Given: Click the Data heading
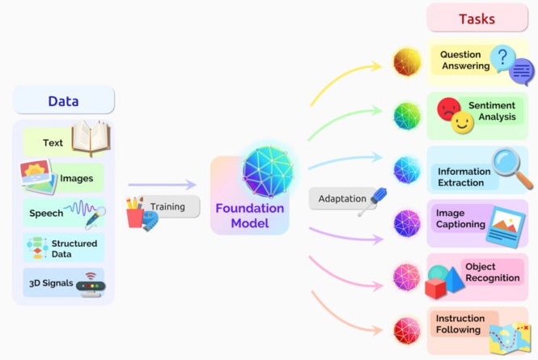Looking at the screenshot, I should pyautogui.click(x=63, y=101).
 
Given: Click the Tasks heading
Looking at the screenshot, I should pyautogui.click(x=477, y=18).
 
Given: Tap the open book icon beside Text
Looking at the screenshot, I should pyautogui.click(x=90, y=138).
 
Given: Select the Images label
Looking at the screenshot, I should pyautogui.click(x=75, y=178).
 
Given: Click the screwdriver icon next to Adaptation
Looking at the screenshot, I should pyautogui.click(x=373, y=199).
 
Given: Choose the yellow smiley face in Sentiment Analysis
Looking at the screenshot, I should pyautogui.click(x=461, y=123).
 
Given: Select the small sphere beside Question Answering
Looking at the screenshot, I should pyautogui.click(x=406, y=61).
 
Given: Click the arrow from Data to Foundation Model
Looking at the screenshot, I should pyautogui.click(x=162, y=185).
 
